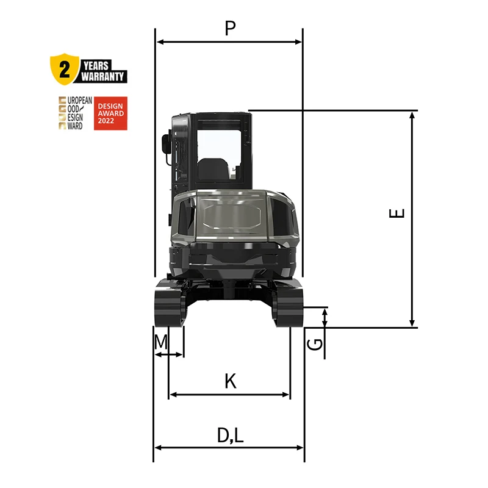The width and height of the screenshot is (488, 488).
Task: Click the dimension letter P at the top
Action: pyautogui.click(x=229, y=28)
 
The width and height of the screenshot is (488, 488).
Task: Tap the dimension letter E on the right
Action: pyautogui.click(x=397, y=213)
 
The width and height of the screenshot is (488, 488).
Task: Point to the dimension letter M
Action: pyautogui.click(x=160, y=342)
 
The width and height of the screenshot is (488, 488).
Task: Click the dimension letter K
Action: pyautogui.click(x=229, y=381)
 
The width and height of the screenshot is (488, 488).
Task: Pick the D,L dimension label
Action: pyautogui.click(x=230, y=435)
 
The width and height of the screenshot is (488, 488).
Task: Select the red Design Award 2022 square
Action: pyautogui.click(x=110, y=113)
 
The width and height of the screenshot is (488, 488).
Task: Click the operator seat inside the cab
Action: pyautogui.click(x=212, y=169)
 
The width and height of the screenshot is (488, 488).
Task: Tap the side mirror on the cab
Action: pyautogui.click(x=165, y=144)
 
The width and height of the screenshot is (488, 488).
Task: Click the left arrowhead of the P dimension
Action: pyautogui.click(x=160, y=41)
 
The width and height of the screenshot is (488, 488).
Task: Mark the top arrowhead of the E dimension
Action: pyautogui.click(x=413, y=115)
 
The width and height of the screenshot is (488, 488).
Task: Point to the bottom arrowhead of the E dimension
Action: pyautogui.click(x=413, y=323)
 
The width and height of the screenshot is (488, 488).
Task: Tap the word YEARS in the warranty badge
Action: pyautogui.click(x=96, y=64)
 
